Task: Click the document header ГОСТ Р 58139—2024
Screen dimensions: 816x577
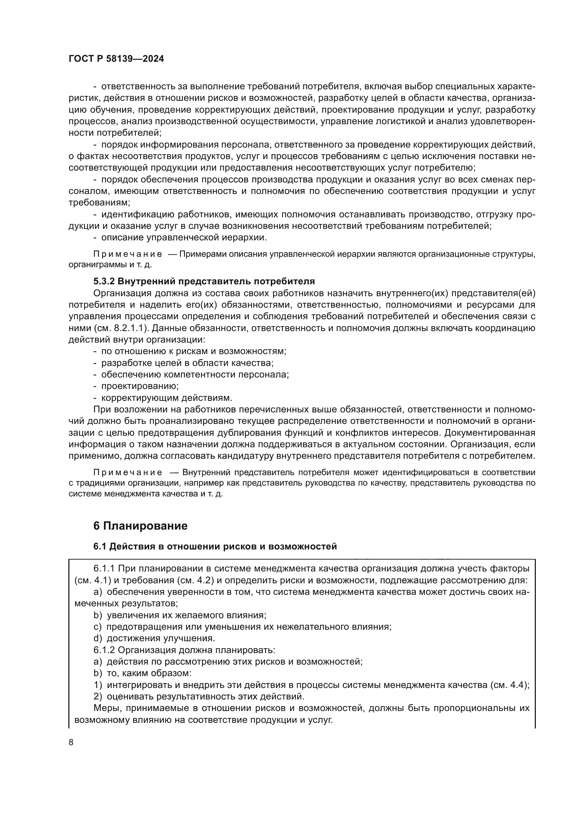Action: pyautogui.click(x=116, y=59)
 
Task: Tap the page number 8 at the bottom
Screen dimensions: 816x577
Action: pyautogui.click(x=71, y=742)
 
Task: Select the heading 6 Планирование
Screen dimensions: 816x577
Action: pyautogui.click(x=140, y=526)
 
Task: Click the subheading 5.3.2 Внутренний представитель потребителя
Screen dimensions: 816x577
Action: pyautogui.click(x=204, y=281)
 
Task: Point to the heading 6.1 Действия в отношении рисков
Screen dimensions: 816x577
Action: pyautogui.click(x=215, y=547)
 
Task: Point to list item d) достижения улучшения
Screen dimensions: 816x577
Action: pyautogui.click(x=155, y=638)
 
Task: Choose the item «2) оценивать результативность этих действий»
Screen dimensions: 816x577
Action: pyautogui.click(x=199, y=696)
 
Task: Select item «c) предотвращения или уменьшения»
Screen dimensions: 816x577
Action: pyautogui.click(x=242, y=627)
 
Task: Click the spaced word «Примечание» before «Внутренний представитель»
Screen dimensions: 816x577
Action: pyautogui.click(x=128, y=472)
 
